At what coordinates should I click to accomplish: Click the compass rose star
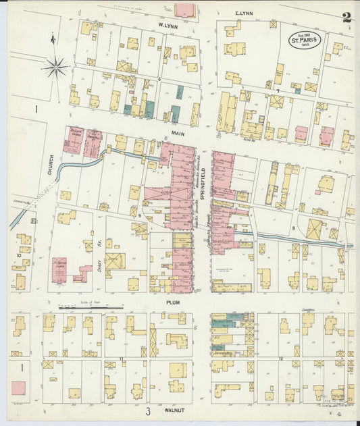pos(55,67)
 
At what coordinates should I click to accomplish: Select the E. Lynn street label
pos(243,14)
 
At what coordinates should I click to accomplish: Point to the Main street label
pos(178,134)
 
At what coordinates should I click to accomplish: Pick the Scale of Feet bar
pos(95,308)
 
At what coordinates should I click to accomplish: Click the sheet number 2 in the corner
pos(346,18)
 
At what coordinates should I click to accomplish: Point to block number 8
pos(293,229)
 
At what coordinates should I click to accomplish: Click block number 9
pos(139,215)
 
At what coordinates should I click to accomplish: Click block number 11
pos(122,358)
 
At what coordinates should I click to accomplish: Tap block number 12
pos(280,358)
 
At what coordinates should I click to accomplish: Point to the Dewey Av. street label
pos(99,250)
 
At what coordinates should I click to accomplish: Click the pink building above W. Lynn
pos(184,9)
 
